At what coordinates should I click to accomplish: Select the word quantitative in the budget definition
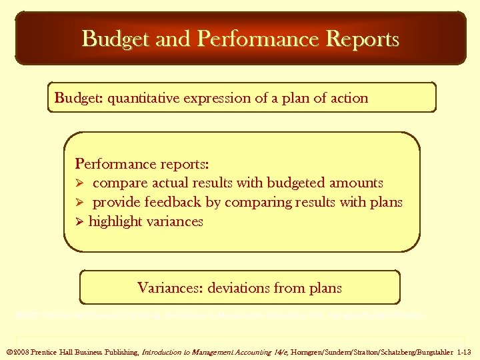[x=141, y=98]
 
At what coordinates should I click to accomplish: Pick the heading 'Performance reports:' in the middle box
[x=142, y=163]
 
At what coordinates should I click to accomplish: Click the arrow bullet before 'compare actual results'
[x=80, y=183]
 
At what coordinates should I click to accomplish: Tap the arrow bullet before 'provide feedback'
[x=80, y=202]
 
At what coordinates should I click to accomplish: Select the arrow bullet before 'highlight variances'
[x=80, y=221]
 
